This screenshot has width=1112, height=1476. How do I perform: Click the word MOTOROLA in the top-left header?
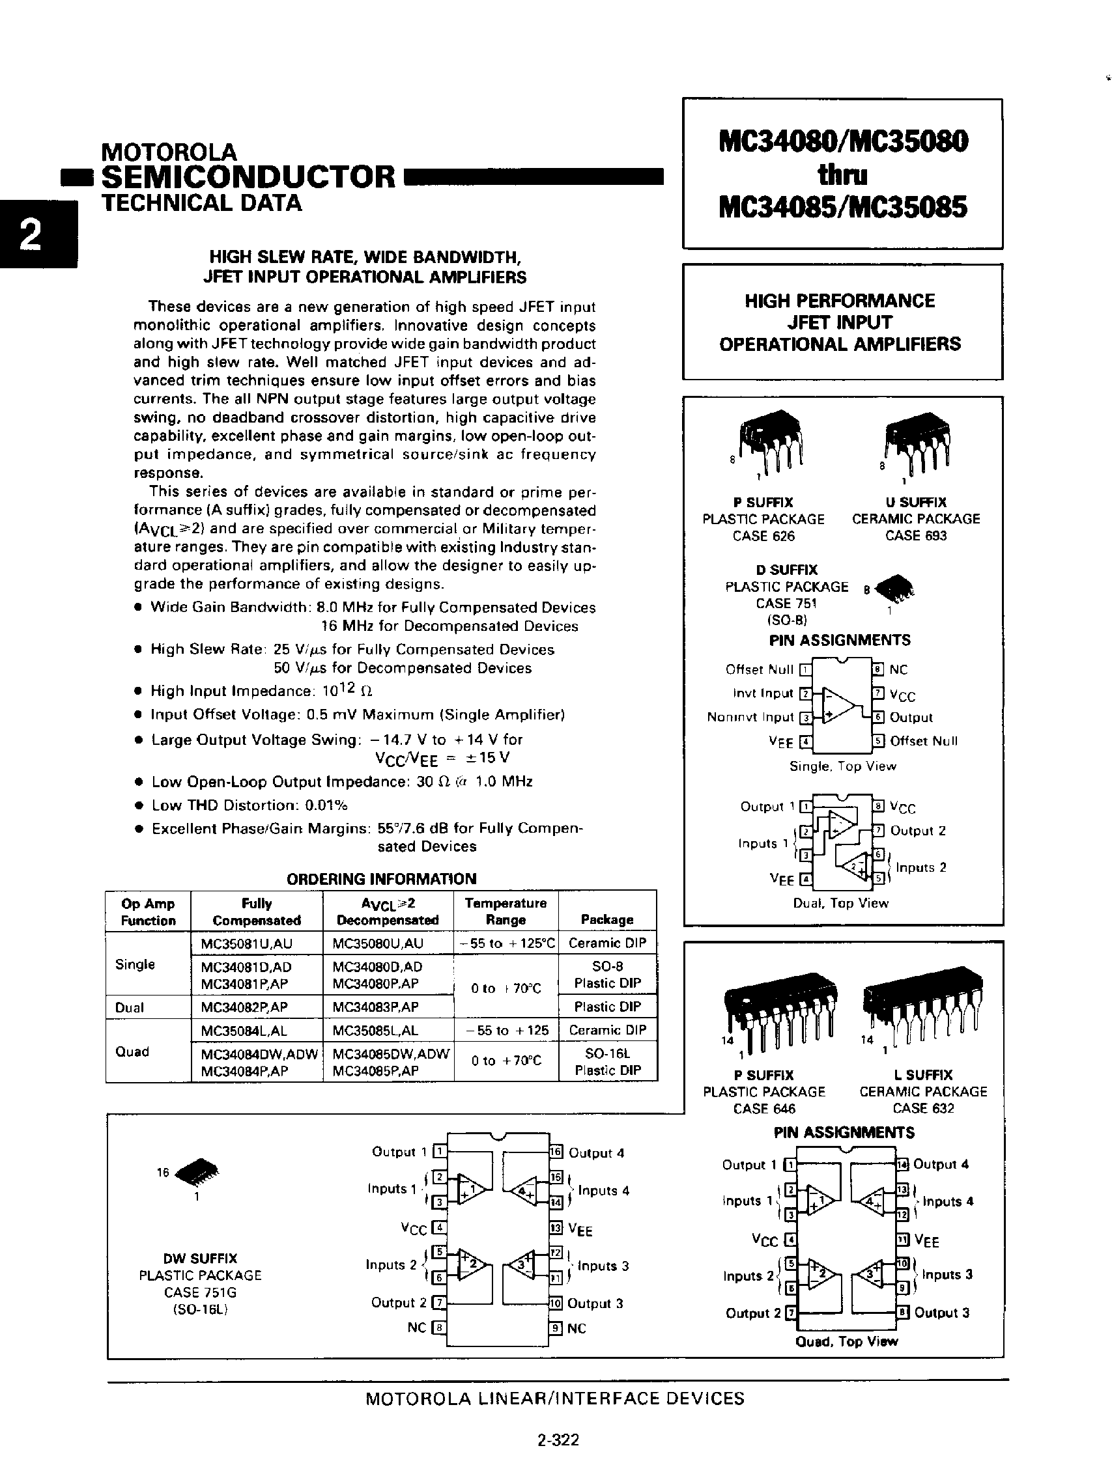(168, 152)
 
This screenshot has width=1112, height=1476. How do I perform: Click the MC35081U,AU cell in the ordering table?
(246, 943)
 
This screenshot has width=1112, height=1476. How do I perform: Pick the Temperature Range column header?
(506, 911)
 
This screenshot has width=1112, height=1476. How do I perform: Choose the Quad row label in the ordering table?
(132, 1051)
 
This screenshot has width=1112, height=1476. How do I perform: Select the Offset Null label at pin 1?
(759, 669)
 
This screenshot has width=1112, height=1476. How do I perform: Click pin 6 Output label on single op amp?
(911, 717)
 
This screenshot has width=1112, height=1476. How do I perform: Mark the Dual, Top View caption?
(840, 903)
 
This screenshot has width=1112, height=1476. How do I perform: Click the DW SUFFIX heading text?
(200, 1258)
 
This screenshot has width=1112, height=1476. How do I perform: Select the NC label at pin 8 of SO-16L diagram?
(417, 1327)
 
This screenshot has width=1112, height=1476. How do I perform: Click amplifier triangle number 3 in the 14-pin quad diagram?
(868, 1273)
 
